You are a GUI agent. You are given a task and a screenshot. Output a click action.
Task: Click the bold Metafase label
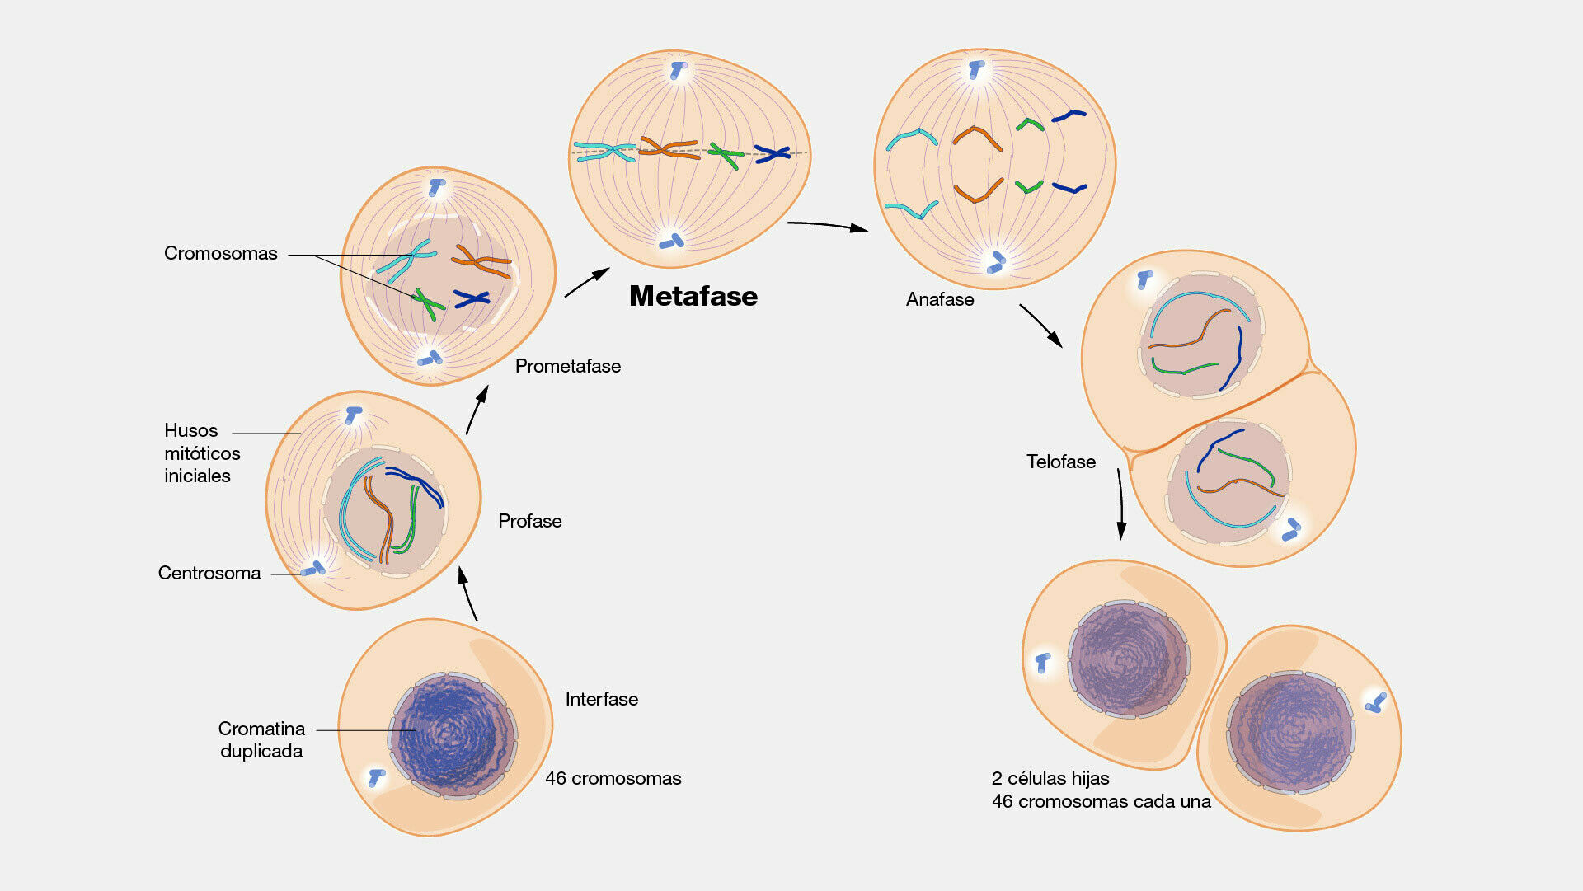coord(693,296)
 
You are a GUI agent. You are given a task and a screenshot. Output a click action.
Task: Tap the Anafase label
coord(939,299)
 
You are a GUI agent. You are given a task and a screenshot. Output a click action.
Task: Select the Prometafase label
coord(567,366)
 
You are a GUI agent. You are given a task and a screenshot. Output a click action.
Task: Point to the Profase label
coord(529,521)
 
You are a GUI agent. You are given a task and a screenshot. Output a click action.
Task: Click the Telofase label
coord(1060,462)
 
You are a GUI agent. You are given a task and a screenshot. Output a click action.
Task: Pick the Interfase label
coord(601,699)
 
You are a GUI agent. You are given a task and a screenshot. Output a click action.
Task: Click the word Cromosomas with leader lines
coord(220,253)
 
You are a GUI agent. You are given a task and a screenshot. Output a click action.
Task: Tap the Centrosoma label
coord(209,573)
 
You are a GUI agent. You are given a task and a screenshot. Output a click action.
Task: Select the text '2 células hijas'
coord(1050,778)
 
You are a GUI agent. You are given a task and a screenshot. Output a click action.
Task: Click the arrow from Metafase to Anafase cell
coord(827,225)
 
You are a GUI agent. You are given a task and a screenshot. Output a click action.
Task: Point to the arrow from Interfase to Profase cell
coord(467,593)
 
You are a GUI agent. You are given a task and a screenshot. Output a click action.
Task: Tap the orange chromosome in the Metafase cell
coord(668,149)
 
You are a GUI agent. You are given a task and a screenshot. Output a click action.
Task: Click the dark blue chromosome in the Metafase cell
coord(773,153)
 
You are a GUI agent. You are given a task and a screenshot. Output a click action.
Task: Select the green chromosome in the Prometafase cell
coord(427,303)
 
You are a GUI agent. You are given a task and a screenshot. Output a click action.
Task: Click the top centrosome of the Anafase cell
coord(977,69)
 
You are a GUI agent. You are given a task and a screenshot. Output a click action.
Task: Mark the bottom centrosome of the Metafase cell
coord(672,242)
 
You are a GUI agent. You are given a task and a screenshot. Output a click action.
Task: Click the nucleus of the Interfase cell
coord(452,734)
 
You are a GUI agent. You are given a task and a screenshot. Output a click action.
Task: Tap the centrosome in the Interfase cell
coord(376,776)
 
